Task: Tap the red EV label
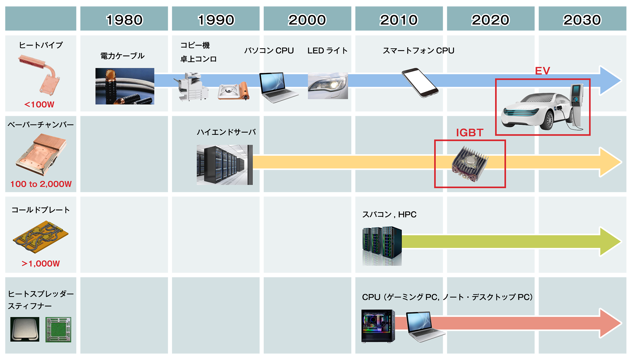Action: click(542, 71)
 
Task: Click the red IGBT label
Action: click(469, 133)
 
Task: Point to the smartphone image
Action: click(420, 83)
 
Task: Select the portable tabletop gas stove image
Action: click(233, 91)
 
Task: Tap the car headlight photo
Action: click(328, 86)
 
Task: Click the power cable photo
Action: click(125, 86)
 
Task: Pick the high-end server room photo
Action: click(225, 165)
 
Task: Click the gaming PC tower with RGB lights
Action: click(378, 326)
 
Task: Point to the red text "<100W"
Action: click(39, 104)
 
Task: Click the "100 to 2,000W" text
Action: click(41, 184)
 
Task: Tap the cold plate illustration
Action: click(41, 237)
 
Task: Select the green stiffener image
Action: click(58, 330)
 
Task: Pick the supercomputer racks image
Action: click(382, 246)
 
